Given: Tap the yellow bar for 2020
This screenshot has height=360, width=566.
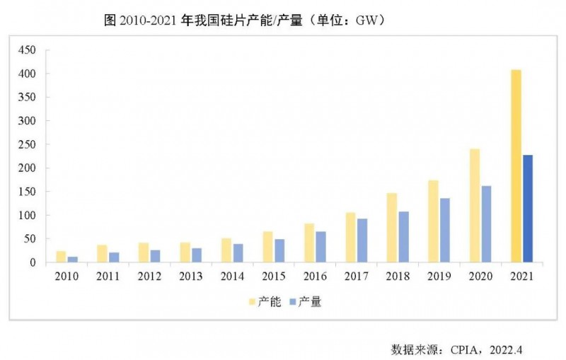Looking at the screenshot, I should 475,206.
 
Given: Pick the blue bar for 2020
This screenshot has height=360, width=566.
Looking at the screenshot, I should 486,224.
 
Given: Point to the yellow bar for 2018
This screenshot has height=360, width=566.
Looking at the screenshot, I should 392,228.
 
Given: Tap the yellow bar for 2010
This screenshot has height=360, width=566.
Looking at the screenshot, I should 61,257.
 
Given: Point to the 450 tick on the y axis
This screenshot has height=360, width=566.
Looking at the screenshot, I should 27,50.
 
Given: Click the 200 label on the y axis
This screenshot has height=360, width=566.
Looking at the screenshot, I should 27,168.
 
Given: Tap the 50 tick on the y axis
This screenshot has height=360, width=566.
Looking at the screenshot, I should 29,239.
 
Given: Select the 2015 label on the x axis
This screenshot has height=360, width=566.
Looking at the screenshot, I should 274,277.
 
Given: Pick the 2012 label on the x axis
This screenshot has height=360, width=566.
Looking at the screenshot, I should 149,277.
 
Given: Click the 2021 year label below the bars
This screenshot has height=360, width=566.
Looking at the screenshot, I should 522,277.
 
